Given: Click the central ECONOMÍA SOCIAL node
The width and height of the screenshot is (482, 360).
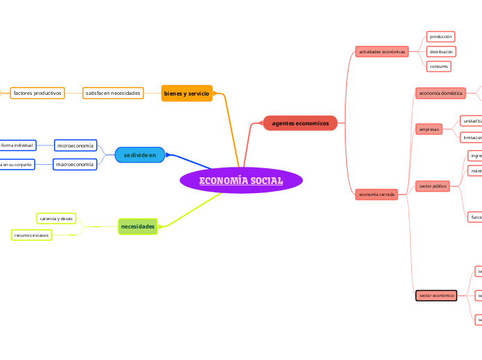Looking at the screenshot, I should (x=241, y=181).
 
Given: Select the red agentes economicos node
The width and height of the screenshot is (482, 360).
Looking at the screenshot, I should (x=301, y=123).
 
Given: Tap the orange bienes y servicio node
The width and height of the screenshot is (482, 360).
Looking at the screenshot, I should (x=186, y=93).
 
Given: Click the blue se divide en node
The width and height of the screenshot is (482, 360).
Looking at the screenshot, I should (x=140, y=154).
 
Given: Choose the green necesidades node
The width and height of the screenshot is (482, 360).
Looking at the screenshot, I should (x=138, y=226).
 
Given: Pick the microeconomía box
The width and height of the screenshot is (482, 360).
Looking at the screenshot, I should (x=75, y=146).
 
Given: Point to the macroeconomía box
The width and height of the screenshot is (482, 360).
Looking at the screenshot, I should (x=75, y=164).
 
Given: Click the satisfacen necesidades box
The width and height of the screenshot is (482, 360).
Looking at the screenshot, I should (x=113, y=93).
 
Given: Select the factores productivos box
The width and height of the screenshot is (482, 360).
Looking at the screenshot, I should (x=37, y=93).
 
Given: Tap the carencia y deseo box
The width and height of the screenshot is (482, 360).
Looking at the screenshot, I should (x=57, y=218).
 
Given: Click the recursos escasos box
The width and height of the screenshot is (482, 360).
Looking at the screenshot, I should (x=32, y=235).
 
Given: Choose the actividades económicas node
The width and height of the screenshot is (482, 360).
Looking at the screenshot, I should (x=382, y=51).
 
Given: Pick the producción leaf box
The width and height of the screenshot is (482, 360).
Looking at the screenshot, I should (x=440, y=36).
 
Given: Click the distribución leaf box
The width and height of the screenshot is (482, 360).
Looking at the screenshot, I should (x=441, y=51).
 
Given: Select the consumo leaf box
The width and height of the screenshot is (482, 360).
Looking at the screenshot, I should (x=438, y=66).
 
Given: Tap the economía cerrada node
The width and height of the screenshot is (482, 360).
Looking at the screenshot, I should (x=377, y=195).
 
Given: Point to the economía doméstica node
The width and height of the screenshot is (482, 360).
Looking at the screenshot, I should (x=440, y=93).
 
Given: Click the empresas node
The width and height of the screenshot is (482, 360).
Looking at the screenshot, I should (x=429, y=129).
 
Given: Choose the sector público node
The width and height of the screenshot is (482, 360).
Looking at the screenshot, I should (x=434, y=186).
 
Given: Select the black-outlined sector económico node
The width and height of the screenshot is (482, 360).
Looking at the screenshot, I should (x=436, y=296).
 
